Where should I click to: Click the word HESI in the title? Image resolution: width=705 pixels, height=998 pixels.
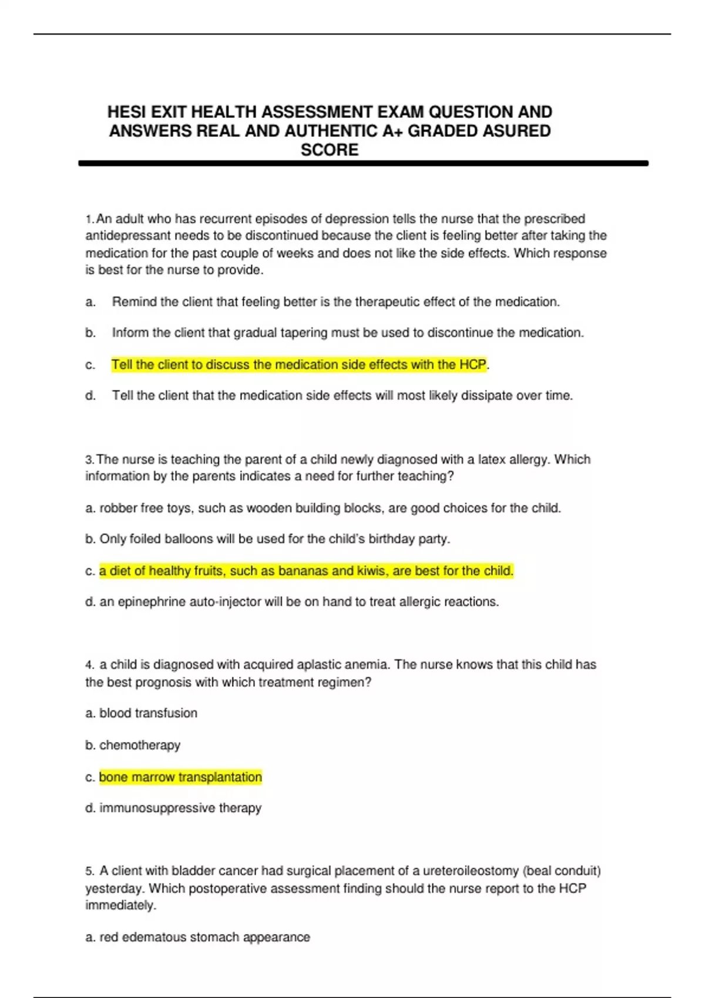point(126,112)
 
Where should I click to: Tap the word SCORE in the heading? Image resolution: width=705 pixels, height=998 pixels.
point(330,150)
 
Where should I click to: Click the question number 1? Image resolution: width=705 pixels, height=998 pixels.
point(89,220)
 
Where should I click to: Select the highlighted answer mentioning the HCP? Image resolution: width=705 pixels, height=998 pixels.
point(299,365)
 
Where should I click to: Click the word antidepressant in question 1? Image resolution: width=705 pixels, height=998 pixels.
point(122,236)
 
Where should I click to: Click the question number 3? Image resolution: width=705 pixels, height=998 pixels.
point(89,460)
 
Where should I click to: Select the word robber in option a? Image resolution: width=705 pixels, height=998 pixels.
point(117,508)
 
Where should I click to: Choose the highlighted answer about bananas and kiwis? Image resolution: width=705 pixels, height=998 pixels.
point(306,571)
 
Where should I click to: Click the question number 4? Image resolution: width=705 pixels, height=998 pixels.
point(89,665)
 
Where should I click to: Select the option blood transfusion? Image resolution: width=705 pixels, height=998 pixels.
point(148,713)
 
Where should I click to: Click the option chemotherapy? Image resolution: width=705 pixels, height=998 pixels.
point(140,745)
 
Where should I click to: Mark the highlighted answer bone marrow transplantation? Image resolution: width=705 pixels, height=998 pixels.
point(180,777)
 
